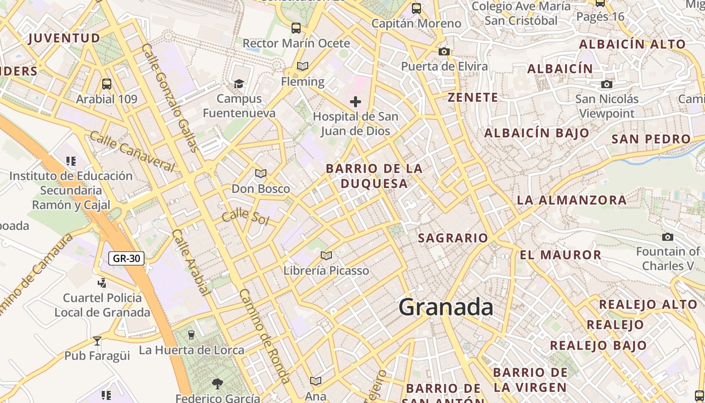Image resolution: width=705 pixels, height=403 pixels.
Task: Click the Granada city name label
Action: coord(446,307)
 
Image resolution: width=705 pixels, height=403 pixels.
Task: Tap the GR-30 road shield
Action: coord(126,258)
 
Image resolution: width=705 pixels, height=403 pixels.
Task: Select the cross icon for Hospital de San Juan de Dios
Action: coord(356,102)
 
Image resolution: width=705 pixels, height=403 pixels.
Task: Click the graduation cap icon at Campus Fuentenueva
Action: coord(239,83)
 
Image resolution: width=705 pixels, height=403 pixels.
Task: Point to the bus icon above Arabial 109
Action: coord(106,84)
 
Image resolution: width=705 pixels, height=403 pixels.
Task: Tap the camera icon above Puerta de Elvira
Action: coord(444,51)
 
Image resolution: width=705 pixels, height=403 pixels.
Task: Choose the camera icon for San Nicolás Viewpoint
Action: coord(607,84)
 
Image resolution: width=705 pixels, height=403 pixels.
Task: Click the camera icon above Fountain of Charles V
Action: coord(668,237)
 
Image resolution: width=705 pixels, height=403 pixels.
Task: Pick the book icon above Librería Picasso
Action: coord(326,255)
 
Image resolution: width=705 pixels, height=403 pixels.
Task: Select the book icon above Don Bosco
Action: coord(260,174)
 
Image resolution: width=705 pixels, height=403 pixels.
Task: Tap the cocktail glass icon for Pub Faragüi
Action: coord(97,341)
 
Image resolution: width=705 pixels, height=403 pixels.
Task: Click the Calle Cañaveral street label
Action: coord(132,151)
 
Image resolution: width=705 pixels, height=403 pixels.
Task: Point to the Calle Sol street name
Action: coord(245,217)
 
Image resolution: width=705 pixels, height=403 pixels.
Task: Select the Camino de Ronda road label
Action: coord(264,335)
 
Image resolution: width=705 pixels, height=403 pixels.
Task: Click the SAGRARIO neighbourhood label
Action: coord(453,238)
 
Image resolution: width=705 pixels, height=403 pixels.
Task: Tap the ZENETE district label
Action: coord(473,97)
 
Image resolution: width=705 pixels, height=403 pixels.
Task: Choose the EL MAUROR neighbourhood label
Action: coord(560,255)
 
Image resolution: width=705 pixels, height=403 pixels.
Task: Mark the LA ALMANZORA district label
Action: coord(572,200)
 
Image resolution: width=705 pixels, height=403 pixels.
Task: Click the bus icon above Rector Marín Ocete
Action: coord(296,28)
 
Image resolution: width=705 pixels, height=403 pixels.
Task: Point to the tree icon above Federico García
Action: coord(218,384)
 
